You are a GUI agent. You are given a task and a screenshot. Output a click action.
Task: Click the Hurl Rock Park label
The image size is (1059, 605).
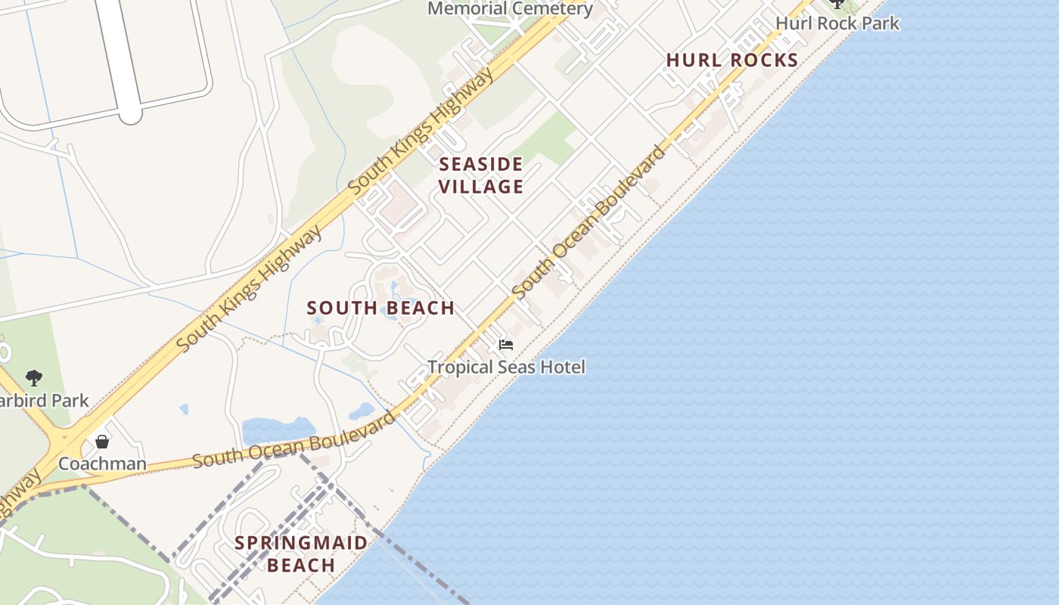click(x=837, y=23)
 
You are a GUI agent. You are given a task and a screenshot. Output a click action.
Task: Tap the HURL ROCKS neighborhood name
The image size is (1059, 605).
click(x=732, y=60)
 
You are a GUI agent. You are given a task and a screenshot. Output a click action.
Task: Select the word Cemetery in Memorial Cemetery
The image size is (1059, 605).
click(x=551, y=9)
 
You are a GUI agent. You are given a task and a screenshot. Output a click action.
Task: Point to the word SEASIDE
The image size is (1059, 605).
click(x=481, y=165)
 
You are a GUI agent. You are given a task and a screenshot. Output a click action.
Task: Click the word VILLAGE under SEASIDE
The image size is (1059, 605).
click(x=481, y=187)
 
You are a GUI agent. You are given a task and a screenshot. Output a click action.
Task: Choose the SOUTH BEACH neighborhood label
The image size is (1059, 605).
click(x=380, y=309)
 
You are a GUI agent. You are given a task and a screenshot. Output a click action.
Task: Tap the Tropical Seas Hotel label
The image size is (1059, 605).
click(x=506, y=368)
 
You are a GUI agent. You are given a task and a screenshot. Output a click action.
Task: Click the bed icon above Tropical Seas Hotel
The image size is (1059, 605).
click(x=506, y=345)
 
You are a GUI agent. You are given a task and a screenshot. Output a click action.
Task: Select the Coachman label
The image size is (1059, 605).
click(x=102, y=464)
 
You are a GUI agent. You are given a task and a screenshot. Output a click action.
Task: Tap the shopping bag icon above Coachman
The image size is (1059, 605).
click(x=102, y=441)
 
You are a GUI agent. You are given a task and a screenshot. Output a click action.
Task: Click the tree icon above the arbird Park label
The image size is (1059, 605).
click(x=33, y=377)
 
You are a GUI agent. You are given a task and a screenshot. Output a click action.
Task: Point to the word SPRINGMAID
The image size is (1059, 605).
click(x=301, y=543)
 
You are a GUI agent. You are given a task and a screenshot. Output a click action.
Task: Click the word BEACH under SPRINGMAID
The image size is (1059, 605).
click(x=301, y=566)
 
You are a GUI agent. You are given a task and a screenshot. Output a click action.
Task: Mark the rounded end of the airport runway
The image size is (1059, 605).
click(x=130, y=113)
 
